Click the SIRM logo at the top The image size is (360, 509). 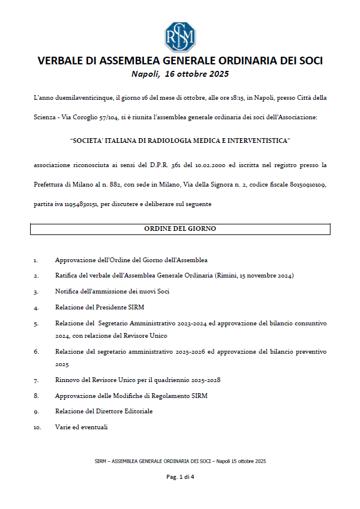click(x=179, y=37)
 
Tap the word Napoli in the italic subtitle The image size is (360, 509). click(x=145, y=74)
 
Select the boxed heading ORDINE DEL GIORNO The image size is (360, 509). click(x=179, y=229)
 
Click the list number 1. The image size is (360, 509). click(x=35, y=260)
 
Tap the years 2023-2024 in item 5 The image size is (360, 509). click(x=171, y=324)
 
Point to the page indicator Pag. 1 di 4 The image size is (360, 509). click(x=179, y=477)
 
